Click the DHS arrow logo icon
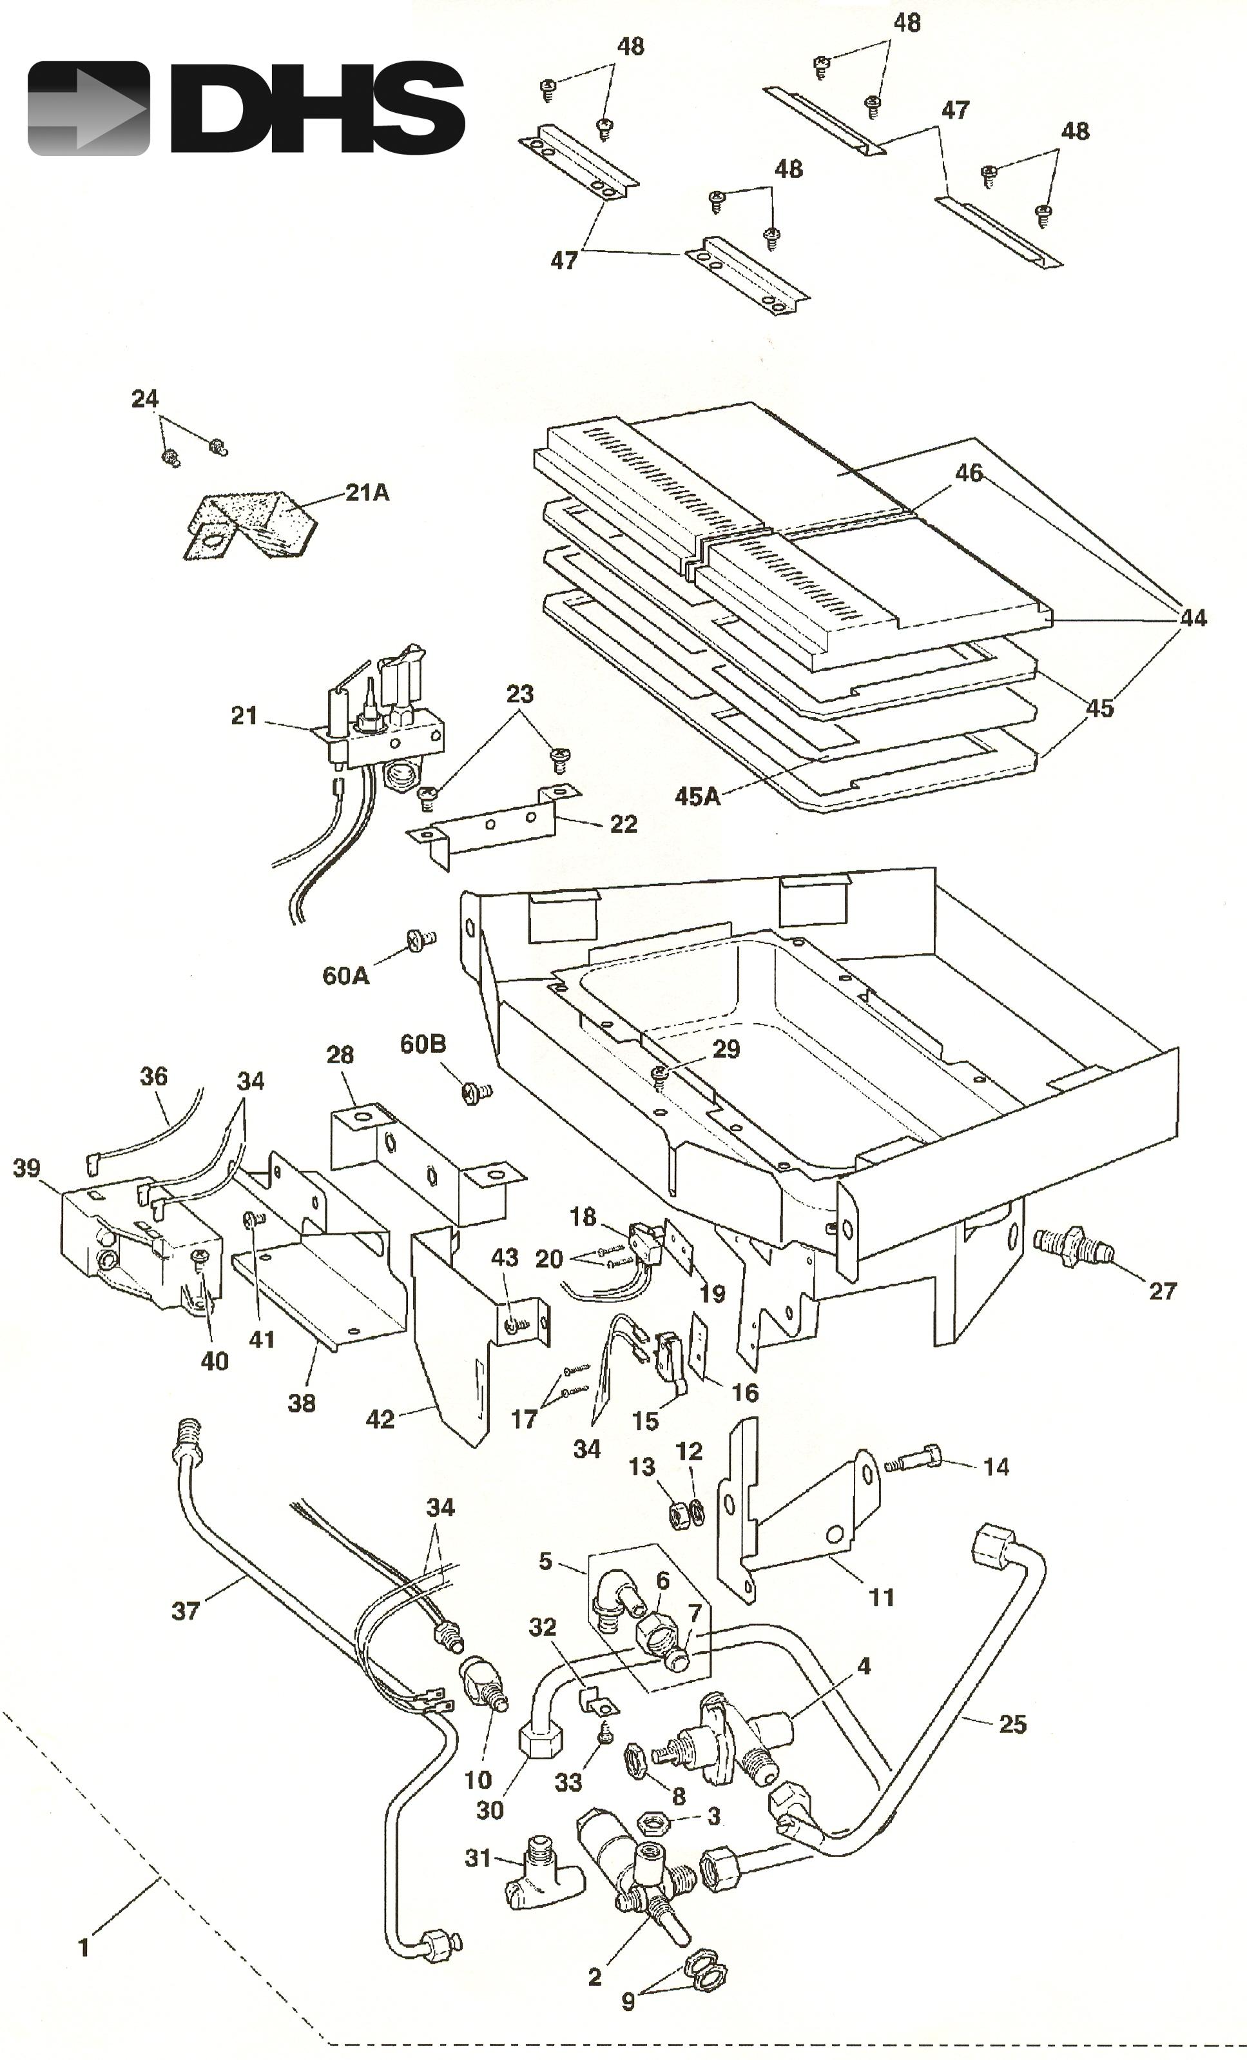pyautogui.click(x=88, y=109)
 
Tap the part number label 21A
pyautogui.click(x=368, y=493)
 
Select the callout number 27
pyautogui.click(x=1162, y=1291)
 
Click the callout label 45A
pyautogui.click(x=698, y=796)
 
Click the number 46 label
pyautogui.click(x=968, y=473)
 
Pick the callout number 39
pyautogui.click(x=27, y=1168)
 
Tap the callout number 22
pyautogui.click(x=624, y=825)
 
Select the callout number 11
pyautogui.click(x=881, y=1597)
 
